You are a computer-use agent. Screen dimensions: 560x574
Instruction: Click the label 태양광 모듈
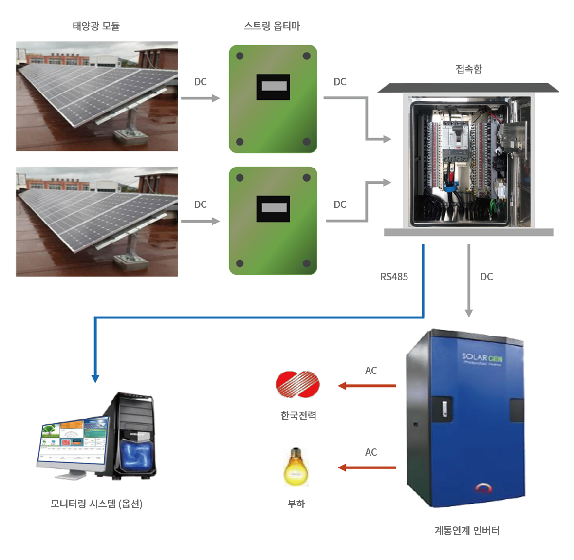(96, 26)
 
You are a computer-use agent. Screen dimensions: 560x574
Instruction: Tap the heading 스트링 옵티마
(272, 26)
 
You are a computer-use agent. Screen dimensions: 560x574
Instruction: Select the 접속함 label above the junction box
(468, 69)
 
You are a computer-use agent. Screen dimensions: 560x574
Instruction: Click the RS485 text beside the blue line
(394, 277)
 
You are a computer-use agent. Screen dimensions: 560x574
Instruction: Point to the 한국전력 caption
(298, 415)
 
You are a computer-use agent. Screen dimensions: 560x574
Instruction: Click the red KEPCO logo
(297, 385)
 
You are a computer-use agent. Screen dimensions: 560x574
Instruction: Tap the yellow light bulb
(296, 467)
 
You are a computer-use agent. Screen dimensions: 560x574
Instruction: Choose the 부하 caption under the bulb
(296, 504)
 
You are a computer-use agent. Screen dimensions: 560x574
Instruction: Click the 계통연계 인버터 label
(467, 530)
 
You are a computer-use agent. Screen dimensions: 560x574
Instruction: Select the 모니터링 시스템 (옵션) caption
(96, 504)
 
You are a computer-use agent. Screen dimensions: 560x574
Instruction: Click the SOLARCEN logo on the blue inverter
(482, 359)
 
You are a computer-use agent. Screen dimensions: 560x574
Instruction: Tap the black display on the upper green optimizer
(273, 87)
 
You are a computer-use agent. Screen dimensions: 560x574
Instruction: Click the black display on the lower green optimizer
(273, 208)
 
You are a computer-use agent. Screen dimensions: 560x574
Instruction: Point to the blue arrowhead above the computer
(95, 378)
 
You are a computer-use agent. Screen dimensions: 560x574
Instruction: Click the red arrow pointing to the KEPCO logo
(367, 386)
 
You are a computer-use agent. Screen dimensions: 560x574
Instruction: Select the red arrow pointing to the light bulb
(367, 467)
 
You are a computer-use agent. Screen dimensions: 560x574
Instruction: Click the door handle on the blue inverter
(444, 408)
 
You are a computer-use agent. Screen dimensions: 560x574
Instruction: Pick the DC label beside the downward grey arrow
(486, 277)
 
